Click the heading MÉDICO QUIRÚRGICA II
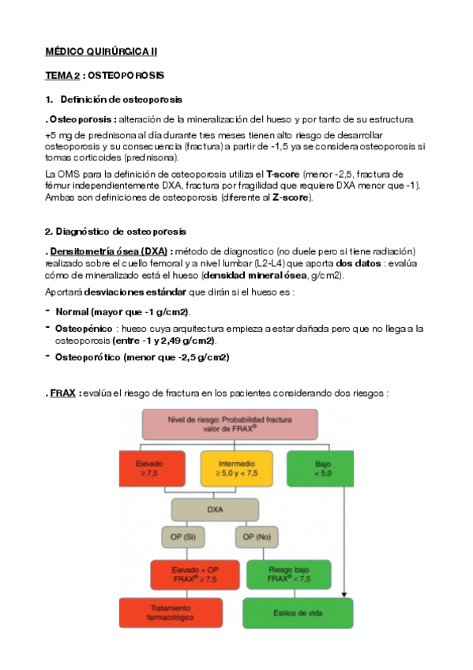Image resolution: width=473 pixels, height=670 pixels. (x=100, y=51)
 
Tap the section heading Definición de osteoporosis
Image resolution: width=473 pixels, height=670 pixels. (x=121, y=100)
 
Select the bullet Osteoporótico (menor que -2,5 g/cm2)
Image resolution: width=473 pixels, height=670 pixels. (x=141, y=357)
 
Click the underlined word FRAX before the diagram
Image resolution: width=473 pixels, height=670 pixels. (x=62, y=393)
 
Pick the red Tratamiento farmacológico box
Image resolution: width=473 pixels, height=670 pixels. (x=171, y=612)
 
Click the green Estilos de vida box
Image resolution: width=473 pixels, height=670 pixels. (x=297, y=612)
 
